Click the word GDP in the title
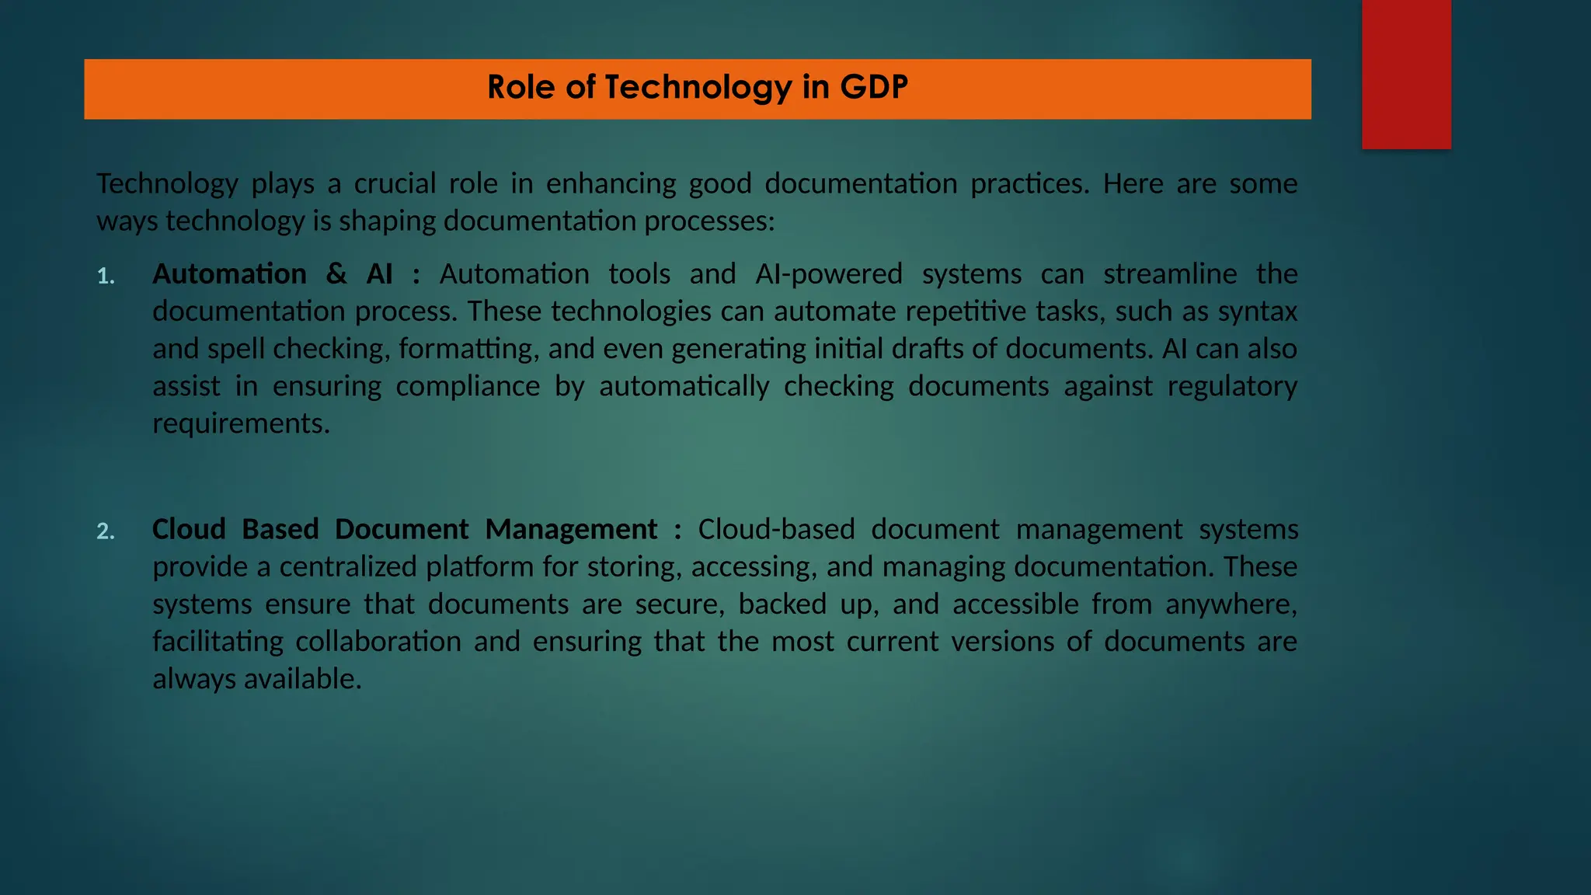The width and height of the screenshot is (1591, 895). [x=873, y=87]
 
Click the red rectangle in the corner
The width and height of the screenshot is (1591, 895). [x=1406, y=74]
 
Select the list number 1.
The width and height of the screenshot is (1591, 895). [x=106, y=277]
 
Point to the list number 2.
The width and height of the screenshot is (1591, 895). [x=106, y=531]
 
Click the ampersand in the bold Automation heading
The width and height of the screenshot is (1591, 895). [x=336, y=273]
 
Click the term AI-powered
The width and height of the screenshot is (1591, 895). [x=829, y=273]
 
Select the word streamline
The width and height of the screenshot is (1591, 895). [x=1170, y=273]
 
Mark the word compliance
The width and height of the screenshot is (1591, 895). [x=468, y=386]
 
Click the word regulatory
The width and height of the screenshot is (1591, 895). [x=1232, y=386]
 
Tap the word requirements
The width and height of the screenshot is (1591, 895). [x=241, y=423]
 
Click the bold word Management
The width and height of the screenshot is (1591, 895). [x=571, y=529]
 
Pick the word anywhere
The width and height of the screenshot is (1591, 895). [x=1231, y=604]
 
